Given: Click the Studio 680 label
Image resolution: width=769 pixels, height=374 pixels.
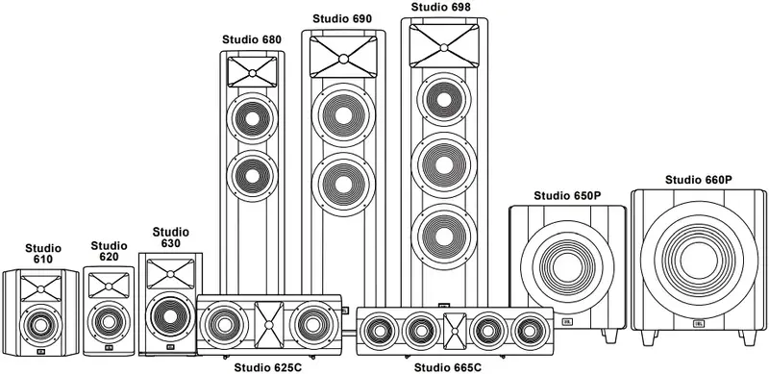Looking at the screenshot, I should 252,39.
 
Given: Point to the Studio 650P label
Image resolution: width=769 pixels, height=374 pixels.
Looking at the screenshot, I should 567,196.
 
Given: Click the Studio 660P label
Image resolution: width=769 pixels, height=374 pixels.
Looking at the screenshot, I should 698,180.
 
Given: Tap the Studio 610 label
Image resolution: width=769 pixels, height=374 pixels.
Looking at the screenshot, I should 41,253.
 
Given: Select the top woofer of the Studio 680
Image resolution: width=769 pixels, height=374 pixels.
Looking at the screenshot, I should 252,121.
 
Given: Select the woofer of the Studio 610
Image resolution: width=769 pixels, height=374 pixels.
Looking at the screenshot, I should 40,324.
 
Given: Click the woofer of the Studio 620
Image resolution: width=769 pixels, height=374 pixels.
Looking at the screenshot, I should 109,319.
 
